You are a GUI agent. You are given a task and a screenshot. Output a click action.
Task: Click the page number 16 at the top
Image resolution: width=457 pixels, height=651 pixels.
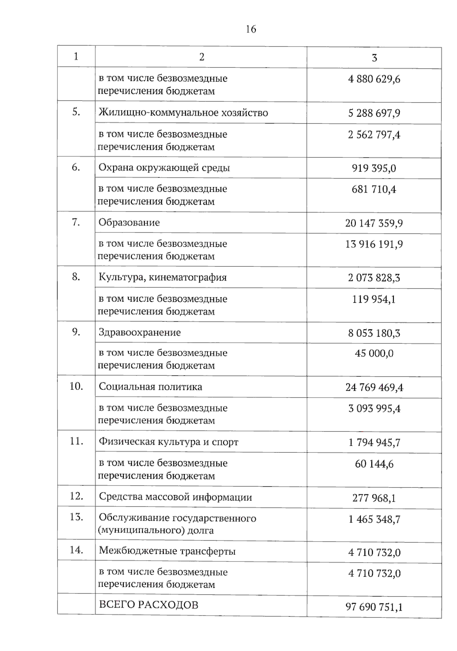pos(251,29)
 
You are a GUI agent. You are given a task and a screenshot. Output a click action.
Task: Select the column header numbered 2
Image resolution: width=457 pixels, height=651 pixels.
pos(201,57)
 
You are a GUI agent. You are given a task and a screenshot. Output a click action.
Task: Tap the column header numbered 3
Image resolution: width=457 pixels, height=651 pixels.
pos(374,58)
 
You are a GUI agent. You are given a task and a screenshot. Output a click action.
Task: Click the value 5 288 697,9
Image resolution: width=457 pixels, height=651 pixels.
pos(374,113)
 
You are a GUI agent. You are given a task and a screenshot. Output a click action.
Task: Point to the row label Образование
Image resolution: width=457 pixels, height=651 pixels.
pos(129,223)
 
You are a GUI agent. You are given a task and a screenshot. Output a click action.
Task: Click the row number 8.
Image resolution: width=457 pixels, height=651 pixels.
pos(76,277)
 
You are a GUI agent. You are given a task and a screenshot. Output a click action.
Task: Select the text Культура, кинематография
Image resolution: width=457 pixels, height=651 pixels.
pos(163,277)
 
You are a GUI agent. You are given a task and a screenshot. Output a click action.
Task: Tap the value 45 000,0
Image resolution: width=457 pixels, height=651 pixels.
pos(374,353)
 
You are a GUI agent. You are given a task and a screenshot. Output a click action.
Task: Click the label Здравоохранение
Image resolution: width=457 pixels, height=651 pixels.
pos(140,332)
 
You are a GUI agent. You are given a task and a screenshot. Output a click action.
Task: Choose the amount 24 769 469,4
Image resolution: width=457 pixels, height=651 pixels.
pos(374,388)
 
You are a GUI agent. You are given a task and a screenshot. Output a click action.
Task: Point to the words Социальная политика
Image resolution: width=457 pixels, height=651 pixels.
pos(150,387)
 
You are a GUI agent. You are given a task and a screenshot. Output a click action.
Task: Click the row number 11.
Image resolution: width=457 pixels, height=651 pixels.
pos(76,441)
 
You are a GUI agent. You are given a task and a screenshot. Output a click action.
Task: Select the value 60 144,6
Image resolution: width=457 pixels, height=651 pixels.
pos(374,464)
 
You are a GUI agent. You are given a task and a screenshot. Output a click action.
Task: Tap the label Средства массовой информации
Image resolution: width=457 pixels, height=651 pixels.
pos(175,497)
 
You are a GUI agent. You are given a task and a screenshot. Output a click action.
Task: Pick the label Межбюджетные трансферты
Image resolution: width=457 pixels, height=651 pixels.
pos(167,551)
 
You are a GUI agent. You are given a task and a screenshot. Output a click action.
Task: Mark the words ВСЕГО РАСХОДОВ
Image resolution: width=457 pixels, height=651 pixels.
pos(149,605)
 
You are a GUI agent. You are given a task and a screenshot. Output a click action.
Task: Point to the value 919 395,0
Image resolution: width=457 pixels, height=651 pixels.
pos(374,168)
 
